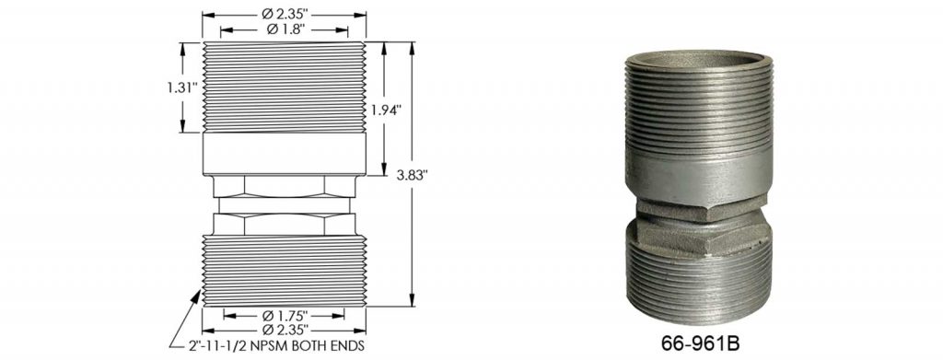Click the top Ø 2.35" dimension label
click(284, 15)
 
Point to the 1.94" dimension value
click(386, 110)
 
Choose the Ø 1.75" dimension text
click(284, 312)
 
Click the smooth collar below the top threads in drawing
click(284, 155)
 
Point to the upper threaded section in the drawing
click(284, 87)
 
